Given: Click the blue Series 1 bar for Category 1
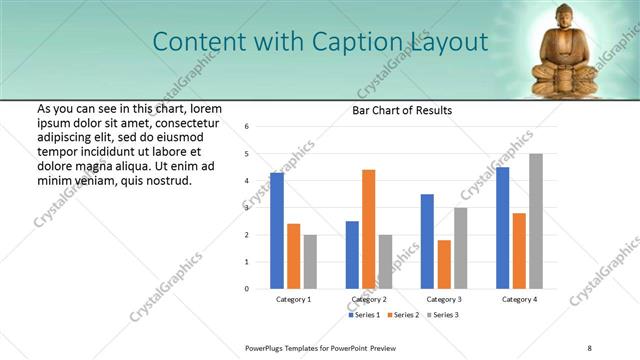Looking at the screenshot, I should (277, 230).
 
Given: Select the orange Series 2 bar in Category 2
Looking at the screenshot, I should (368, 229).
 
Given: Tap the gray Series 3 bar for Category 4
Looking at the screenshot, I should (536, 221).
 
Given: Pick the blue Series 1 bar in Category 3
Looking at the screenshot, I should (427, 241).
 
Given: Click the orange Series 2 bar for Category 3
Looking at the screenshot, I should (444, 264).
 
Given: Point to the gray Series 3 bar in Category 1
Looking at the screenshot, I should (310, 261).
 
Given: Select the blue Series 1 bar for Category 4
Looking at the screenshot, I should (502, 227).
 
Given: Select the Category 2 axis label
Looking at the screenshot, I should (368, 299).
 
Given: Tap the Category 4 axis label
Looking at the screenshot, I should (519, 299).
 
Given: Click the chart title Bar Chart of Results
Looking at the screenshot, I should (402, 110).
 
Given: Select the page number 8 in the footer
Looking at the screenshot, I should (590, 347).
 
